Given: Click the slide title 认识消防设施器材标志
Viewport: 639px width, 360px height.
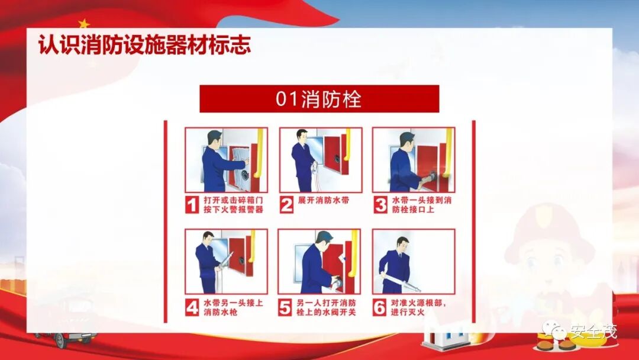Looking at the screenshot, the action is (144, 44).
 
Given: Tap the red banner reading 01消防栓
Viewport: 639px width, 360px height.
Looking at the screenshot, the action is (319, 99).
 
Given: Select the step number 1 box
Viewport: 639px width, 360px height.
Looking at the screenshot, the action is (192, 205).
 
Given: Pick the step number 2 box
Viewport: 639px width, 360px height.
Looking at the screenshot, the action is (286, 205).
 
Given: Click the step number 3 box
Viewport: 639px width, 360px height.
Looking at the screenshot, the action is (380, 205).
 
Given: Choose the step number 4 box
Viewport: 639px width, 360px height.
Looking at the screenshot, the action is (192, 307).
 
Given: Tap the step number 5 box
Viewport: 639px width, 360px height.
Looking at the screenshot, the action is (285, 307).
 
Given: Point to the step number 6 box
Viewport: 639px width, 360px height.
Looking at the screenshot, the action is (379, 307).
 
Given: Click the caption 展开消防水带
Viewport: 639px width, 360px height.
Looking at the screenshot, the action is (324, 201).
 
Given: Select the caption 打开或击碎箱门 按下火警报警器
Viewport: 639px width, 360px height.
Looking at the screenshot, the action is (234, 205).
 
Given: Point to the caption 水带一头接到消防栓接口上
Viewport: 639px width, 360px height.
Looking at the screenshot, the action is (422, 205).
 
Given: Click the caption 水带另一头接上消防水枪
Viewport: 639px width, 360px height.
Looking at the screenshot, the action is (234, 308).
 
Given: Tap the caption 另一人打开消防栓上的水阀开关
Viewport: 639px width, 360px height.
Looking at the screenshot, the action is (326, 308).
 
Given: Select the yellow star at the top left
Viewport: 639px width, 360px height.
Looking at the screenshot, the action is (84, 23).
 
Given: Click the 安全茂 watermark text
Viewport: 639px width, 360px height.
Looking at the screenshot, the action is (593, 331).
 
